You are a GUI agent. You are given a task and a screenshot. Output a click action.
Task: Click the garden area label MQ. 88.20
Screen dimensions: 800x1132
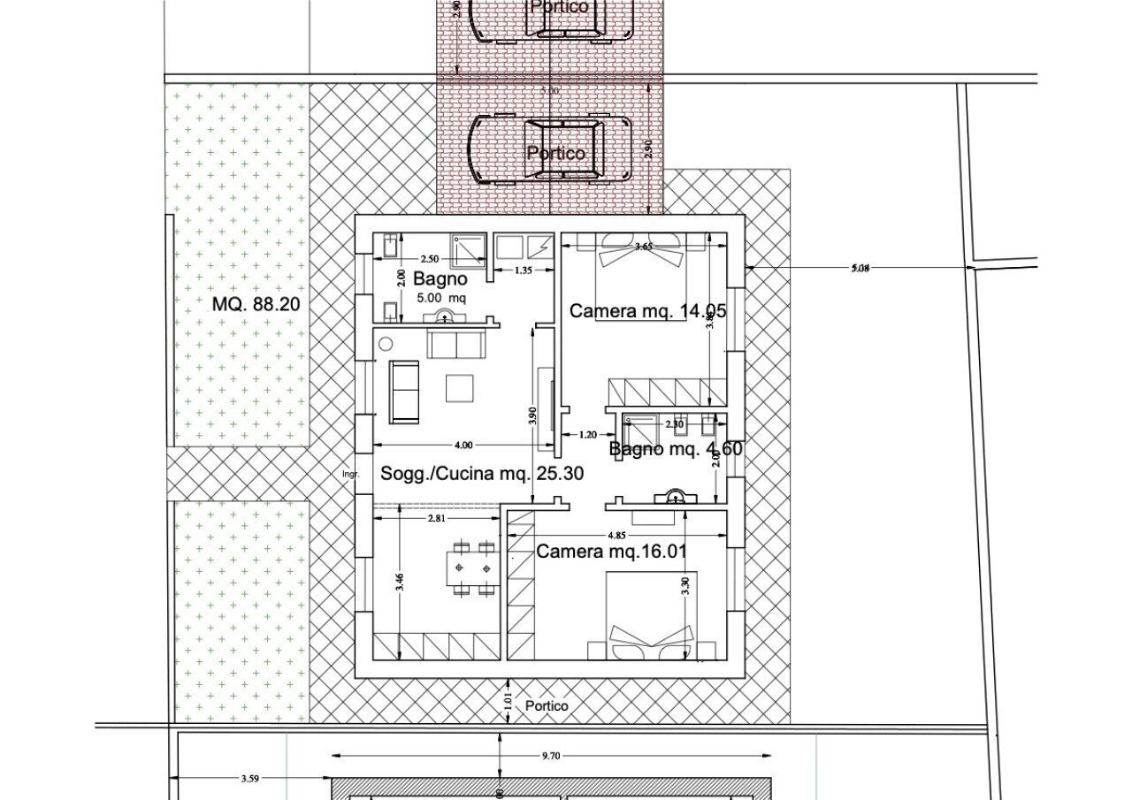pyautogui.click(x=256, y=305)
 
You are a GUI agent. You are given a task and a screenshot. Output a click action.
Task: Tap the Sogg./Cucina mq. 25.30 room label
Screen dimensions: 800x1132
pyautogui.click(x=482, y=474)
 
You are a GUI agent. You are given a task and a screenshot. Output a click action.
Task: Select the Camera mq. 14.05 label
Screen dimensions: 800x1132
pyautogui.click(x=647, y=311)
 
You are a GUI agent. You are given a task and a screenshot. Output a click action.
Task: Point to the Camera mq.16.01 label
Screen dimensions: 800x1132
pyautogui.click(x=613, y=552)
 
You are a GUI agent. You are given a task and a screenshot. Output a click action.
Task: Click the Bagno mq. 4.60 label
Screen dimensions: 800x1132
pyautogui.click(x=676, y=449)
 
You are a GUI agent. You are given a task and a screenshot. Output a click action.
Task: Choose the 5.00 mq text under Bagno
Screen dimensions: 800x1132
pyautogui.click(x=441, y=299)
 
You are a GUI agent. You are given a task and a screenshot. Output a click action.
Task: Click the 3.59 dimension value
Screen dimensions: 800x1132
pyautogui.click(x=250, y=779)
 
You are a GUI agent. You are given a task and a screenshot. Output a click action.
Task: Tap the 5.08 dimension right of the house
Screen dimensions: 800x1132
pyautogui.click(x=860, y=268)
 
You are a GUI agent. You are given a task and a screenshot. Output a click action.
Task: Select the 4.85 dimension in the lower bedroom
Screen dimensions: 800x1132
pyautogui.click(x=617, y=535)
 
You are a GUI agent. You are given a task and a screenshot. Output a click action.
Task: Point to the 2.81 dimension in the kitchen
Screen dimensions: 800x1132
pyautogui.click(x=437, y=518)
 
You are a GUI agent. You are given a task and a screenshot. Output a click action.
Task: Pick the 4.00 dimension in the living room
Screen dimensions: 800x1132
pyautogui.click(x=463, y=445)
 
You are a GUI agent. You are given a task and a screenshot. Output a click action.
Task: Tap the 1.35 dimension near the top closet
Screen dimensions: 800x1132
pyautogui.click(x=523, y=270)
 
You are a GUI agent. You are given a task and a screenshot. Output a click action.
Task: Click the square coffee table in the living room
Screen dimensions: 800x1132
pyautogui.click(x=459, y=389)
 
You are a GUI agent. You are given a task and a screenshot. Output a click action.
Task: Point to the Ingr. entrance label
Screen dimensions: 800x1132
pyautogui.click(x=351, y=475)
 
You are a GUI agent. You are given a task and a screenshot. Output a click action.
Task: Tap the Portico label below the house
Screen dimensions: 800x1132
pyautogui.click(x=547, y=706)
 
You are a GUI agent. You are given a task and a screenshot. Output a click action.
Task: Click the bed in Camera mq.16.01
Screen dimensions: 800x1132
pyautogui.click(x=651, y=628)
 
